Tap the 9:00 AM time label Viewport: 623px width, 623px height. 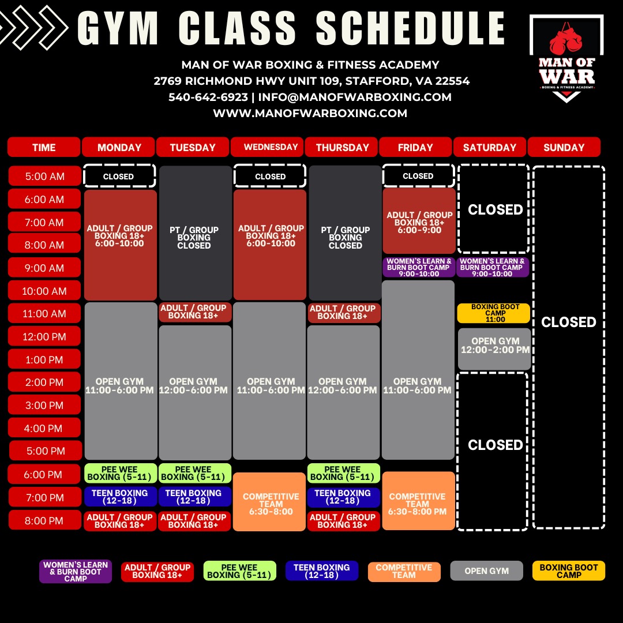pos(44,268)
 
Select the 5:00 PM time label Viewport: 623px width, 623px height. pos(46,451)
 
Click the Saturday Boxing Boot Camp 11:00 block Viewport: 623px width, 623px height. pos(493,313)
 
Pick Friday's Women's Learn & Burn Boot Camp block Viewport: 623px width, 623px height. pos(419,268)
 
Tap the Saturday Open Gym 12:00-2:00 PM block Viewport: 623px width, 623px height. pos(494,349)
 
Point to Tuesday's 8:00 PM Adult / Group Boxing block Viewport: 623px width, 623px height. pos(194,521)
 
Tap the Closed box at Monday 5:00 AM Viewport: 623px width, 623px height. pos(119,175)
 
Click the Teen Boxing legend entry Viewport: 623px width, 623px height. pos(322,571)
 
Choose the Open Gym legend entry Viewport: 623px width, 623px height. pos(487,571)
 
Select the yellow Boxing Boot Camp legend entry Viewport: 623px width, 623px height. pos(569,571)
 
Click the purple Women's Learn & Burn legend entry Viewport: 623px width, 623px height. pos(76,571)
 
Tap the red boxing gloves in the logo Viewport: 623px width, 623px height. pos(566,39)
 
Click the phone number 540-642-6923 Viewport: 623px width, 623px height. pos(208,97)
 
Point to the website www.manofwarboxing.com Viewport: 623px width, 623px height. pos(310,113)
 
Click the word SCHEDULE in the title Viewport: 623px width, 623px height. pos(411,28)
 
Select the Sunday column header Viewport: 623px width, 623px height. pos(564,147)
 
